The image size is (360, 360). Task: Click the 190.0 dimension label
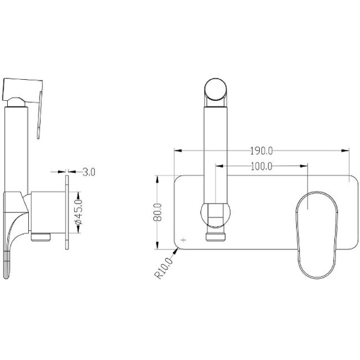[261, 151]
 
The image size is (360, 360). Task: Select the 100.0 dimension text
[261, 166]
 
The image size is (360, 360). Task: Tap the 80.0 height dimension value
[157, 212]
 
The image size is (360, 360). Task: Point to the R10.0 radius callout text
[164, 268]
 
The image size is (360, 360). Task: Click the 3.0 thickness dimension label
[88, 172]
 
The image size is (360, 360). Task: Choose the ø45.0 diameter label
[79, 212]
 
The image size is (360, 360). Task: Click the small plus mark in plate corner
[184, 240]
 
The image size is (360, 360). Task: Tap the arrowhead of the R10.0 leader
[176, 251]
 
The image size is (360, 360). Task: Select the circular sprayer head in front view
[215, 89]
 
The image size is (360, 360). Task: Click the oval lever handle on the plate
[317, 235]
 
